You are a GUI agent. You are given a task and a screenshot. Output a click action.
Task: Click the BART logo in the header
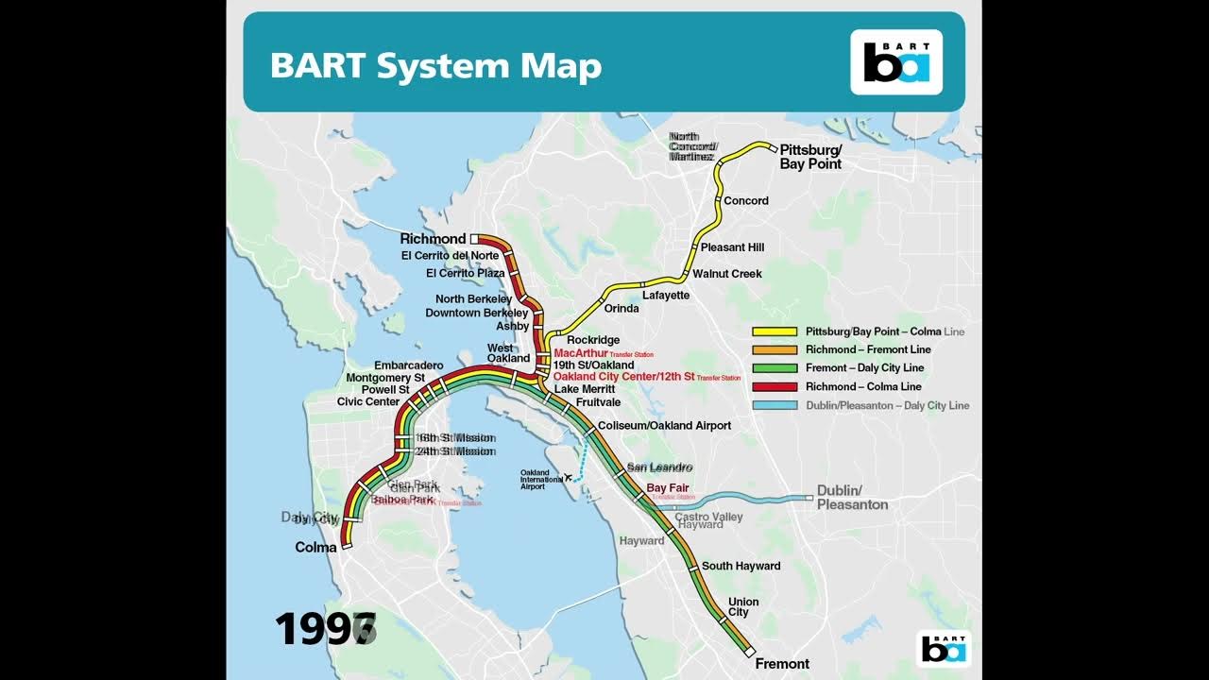[896, 62]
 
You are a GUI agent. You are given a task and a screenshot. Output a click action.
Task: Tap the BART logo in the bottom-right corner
[944, 649]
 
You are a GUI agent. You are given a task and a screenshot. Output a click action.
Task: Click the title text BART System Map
[435, 66]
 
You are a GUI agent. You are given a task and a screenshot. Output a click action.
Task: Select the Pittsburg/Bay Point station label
[810, 157]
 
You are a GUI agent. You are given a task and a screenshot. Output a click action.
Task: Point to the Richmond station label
[433, 239]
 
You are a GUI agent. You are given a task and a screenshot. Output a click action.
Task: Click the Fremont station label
[782, 664]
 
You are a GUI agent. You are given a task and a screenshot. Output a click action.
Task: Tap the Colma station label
[315, 548]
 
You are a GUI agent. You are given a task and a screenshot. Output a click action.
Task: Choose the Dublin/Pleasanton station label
[852, 497]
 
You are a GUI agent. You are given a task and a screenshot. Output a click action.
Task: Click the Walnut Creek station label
[727, 274]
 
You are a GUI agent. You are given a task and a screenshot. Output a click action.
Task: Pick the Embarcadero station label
[408, 365]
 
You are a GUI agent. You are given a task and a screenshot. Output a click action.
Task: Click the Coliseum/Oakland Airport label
[664, 426]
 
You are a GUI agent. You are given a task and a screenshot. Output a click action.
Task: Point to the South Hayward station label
[741, 567]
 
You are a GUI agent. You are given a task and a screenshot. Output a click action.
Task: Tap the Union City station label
[743, 607]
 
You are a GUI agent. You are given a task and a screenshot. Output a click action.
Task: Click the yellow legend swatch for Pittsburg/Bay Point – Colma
[774, 332]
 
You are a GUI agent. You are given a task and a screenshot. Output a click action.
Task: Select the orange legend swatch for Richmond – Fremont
[774, 350]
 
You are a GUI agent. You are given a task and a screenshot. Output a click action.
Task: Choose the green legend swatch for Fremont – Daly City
[774, 368]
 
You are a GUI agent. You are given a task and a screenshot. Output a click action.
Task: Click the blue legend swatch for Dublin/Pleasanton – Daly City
[774, 405]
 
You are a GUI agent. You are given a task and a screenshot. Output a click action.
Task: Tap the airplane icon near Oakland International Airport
[568, 476]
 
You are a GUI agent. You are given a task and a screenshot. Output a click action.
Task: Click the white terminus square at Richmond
[475, 240]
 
